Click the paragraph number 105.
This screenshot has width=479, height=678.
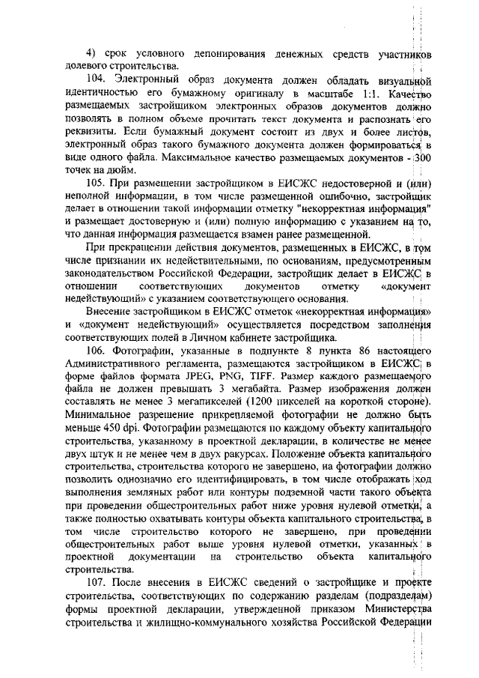(x=97, y=183)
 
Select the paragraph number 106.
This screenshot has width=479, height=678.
(x=97, y=351)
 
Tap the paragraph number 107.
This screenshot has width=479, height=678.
(x=97, y=584)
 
